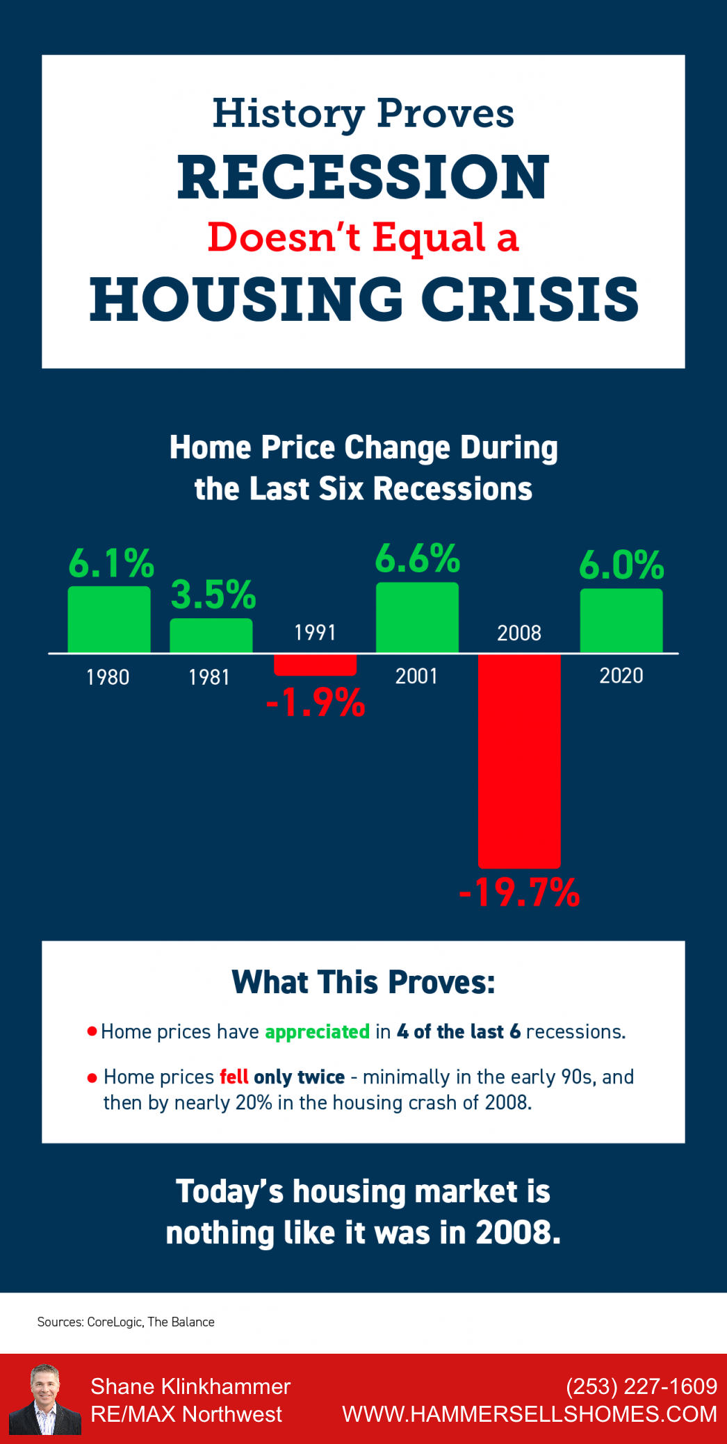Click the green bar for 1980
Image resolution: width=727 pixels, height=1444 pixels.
click(x=109, y=620)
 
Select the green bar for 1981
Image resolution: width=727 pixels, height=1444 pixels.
click(x=211, y=636)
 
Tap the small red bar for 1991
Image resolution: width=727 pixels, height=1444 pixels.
click(x=315, y=665)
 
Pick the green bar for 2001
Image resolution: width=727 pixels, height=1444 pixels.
click(x=417, y=617)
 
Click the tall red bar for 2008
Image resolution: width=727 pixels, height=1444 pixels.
click(x=519, y=761)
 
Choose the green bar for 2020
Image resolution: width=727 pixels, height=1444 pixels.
click(x=621, y=620)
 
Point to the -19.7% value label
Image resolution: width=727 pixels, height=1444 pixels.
click(x=519, y=893)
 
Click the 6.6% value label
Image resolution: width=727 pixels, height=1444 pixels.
click(x=418, y=558)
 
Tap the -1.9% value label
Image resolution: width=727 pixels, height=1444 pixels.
click(x=316, y=702)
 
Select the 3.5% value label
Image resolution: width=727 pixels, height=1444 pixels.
click(x=213, y=595)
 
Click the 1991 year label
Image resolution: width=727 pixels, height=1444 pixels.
click(x=315, y=632)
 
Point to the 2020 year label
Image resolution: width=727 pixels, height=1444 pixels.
click(x=621, y=675)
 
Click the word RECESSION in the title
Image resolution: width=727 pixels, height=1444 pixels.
click(x=363, y=177)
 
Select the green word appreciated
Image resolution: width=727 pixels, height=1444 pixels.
click(x=317, y=1032)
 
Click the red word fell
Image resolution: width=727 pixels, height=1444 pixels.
click(x=234, y=1077)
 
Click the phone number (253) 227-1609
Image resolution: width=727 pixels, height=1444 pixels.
click(x=641, y=1386)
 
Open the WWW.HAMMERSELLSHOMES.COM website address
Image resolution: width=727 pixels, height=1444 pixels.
click(x=530, y=1414)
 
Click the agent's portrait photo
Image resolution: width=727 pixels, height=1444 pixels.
click(x=44, y=1399)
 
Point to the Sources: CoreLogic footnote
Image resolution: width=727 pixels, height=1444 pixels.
click(x=126, y=1322)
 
